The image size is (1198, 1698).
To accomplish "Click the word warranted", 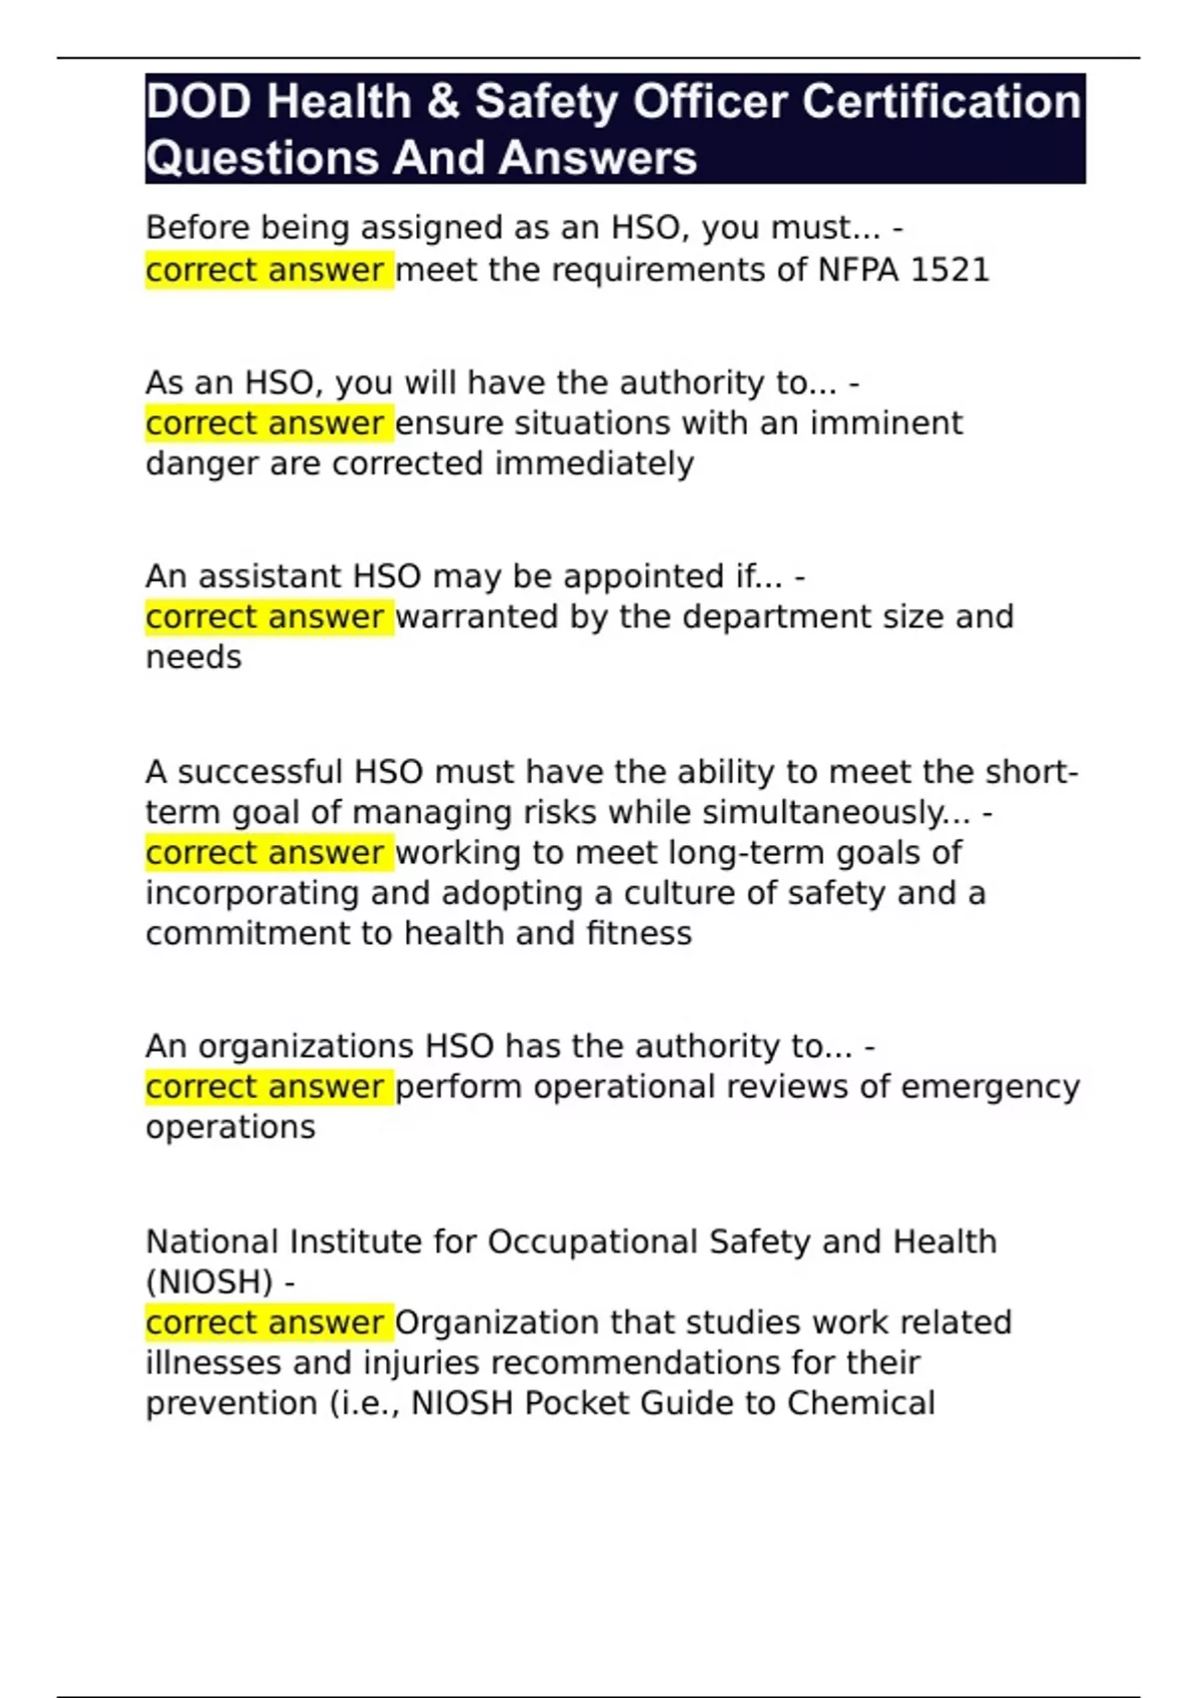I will [478, 617].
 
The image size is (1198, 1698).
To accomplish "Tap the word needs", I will [194, 657].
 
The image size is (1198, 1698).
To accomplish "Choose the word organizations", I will [305, 1046].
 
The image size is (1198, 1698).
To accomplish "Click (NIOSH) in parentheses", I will [209, 1281].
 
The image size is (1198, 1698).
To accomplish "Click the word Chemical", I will [861, 1403].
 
